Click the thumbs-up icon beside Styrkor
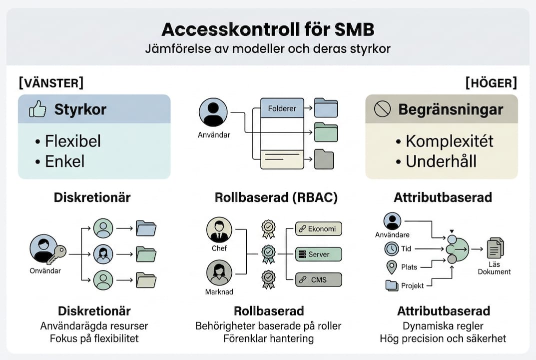37,109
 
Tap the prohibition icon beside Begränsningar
382,109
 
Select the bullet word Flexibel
73,141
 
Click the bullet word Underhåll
441,161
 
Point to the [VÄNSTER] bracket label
51,82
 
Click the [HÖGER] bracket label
491,82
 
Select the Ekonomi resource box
318,229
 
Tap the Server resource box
318,254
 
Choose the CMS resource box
318,279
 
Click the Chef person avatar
219,229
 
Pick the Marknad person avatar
219,272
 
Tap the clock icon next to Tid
392,248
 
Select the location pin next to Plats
392,267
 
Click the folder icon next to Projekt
392,285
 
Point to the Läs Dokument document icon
495,248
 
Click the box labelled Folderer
282,108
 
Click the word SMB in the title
350,29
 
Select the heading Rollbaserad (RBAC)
276,197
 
